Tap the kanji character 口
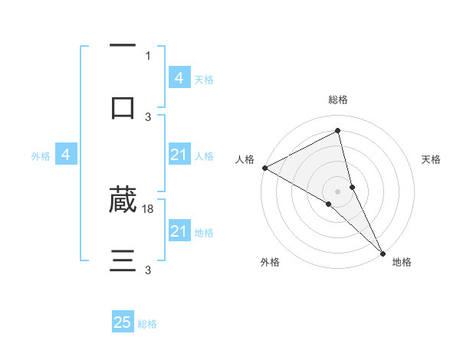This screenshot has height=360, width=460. click(x=123, y=107)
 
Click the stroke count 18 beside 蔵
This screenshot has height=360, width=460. click(x=149, y=208)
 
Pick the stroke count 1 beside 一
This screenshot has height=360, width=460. click(x=148, y=55)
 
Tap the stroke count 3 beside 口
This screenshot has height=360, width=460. click(x=148, y=116)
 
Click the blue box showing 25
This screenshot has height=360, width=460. click(x=123, y=322)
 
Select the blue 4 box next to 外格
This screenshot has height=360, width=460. click(x=66, y=155)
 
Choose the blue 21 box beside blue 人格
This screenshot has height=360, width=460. click(x=179, y=155)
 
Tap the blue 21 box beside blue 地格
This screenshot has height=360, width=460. click(x=179, y=231)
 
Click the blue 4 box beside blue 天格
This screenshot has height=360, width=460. click(x=179, y=78)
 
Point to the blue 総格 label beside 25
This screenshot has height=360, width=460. click(x=147, y=324)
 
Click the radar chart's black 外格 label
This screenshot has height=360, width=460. click(x=270, y=262)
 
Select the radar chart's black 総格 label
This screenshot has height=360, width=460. click(x=338, y=100)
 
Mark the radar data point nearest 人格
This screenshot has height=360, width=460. click(x=264, y=168)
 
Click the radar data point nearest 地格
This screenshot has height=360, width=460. click(x=383, y=252)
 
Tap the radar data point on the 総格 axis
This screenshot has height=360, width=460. click(x=338, y=130)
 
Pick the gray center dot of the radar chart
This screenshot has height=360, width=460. click(x=338, y=190)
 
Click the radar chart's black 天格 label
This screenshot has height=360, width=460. click(x=431, y=159)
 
